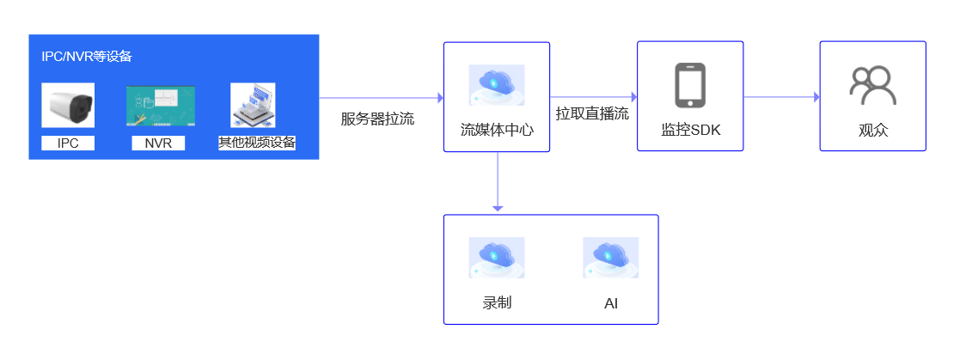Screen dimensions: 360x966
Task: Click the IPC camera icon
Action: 68,106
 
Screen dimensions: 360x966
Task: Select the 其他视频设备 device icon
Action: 257,106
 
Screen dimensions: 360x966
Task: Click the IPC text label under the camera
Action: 68,143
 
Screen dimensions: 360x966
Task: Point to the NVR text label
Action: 158,143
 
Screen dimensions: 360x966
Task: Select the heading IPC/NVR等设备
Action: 87,57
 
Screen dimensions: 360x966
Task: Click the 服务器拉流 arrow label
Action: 377,119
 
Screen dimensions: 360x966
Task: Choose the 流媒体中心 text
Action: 497,131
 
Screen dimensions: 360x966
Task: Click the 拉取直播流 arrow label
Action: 592,113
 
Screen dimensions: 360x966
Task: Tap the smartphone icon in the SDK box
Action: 690,85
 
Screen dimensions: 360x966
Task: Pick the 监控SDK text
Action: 690,131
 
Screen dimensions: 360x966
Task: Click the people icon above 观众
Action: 872,85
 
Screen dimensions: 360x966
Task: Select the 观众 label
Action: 872,131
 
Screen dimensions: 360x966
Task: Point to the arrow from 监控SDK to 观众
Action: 781,97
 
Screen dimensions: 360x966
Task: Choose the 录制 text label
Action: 497,302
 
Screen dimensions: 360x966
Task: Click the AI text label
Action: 611,303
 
